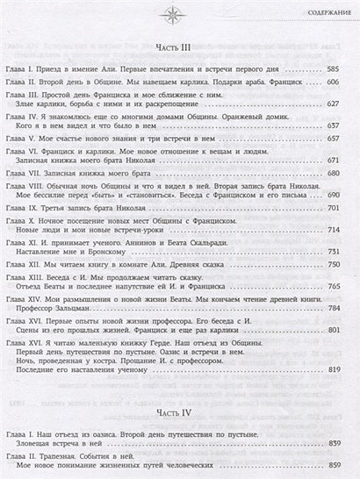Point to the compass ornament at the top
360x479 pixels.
[x=180, y=11]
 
